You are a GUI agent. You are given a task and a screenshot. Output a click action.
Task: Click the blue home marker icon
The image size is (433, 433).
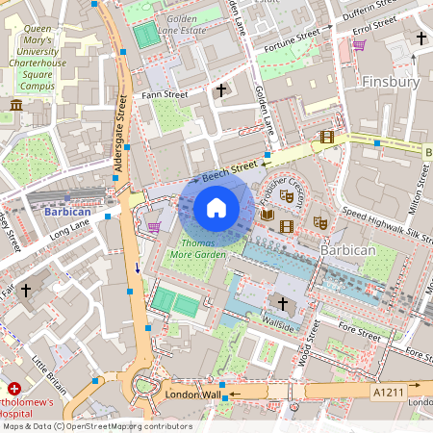tap(216, 208)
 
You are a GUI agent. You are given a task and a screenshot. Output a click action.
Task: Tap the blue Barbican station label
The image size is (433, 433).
tap(66, 211)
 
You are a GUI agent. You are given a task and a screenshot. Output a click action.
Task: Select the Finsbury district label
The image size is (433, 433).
tap(390, 83)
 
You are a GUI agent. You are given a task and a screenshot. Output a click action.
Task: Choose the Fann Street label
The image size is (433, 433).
tap(164, 94)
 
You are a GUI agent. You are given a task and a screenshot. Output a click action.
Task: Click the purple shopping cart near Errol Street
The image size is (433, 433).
tap(359, 44)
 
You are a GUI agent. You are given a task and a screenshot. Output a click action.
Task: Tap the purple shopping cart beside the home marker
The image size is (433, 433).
tap(154, 227)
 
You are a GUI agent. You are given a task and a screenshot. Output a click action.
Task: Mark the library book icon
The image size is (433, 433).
tap(268, 214)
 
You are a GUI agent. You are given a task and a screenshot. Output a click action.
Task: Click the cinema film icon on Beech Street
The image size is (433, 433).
tap(326, 137)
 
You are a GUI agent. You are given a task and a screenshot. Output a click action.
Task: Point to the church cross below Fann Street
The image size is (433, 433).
tap(220, 90)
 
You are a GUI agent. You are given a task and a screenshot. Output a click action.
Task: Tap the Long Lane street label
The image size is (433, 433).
tap(68, 230)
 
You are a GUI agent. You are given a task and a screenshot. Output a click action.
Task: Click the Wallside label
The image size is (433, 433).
tap(277, 325)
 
